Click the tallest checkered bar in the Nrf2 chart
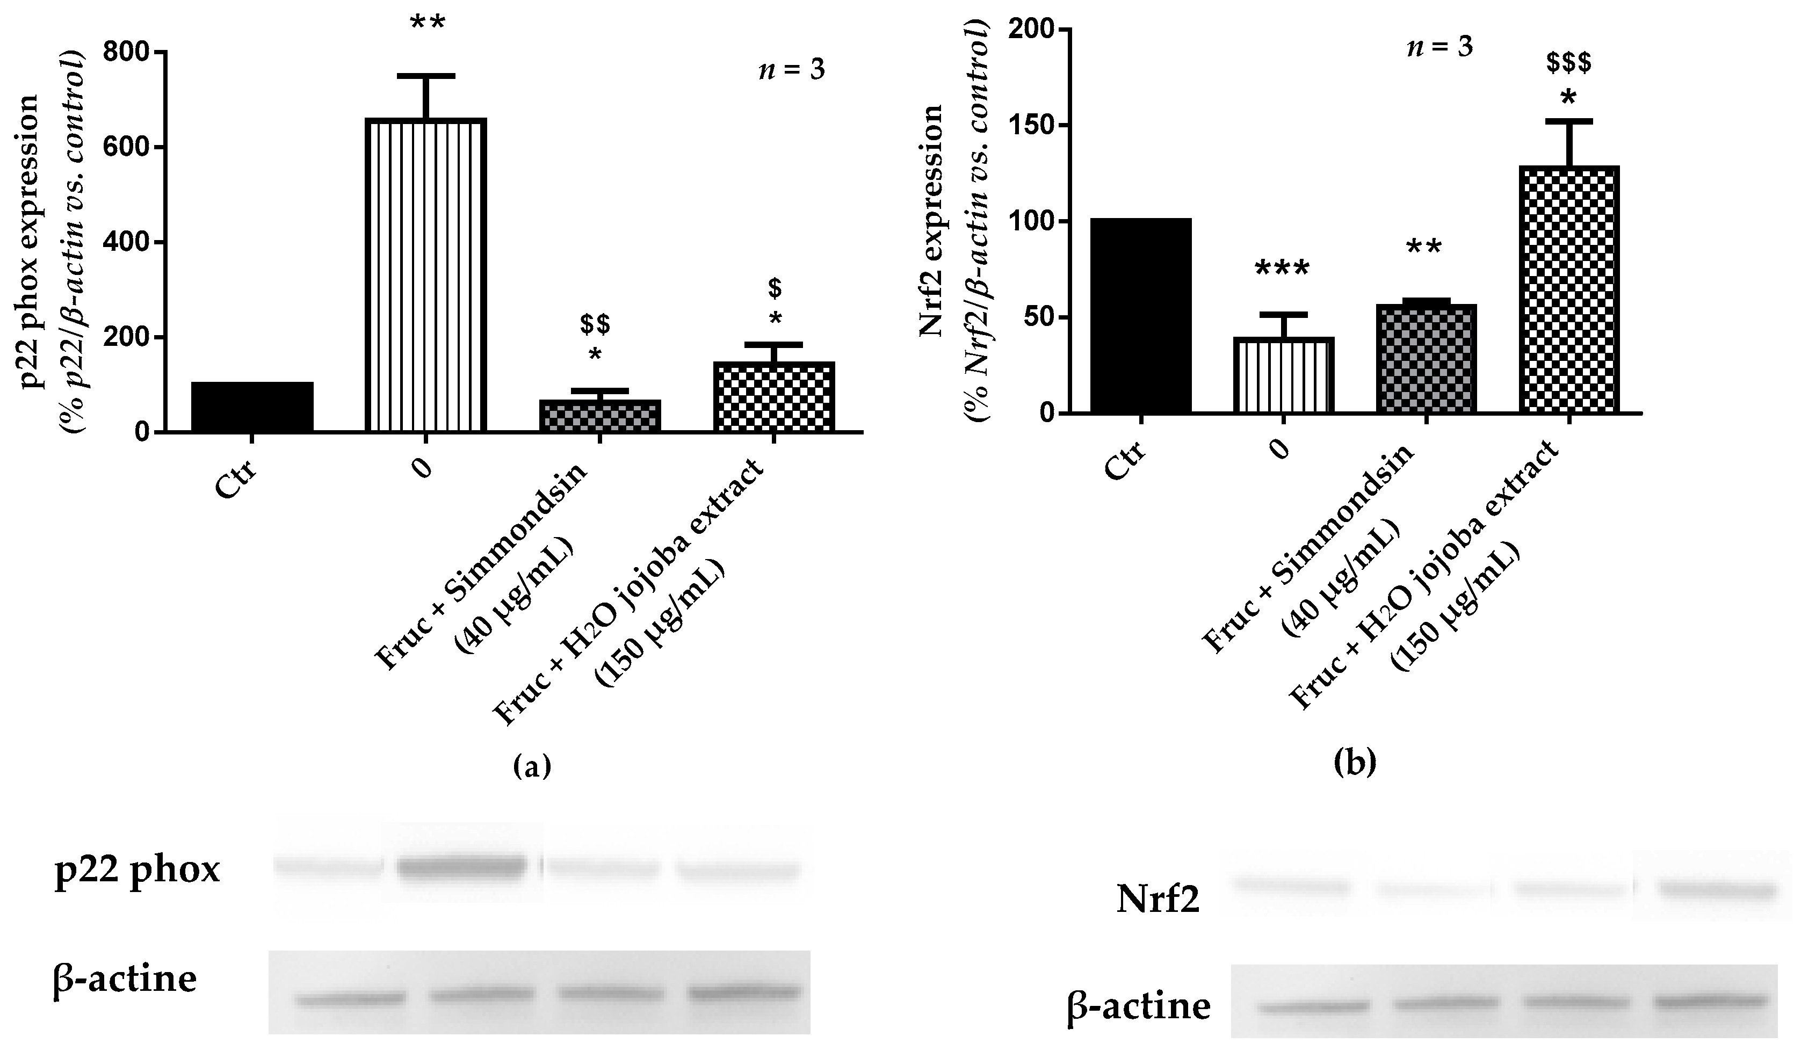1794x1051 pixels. tap(1569, 289)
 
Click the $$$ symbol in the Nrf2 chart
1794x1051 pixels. tap(1569, 64)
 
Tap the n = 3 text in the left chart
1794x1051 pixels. tap(792, 70)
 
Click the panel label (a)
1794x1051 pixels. tap(532, 766)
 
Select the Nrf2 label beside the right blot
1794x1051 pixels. tap(1158, 900)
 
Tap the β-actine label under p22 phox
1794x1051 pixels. tap(125, 978)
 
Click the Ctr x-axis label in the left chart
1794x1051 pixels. tap(236, 480)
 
